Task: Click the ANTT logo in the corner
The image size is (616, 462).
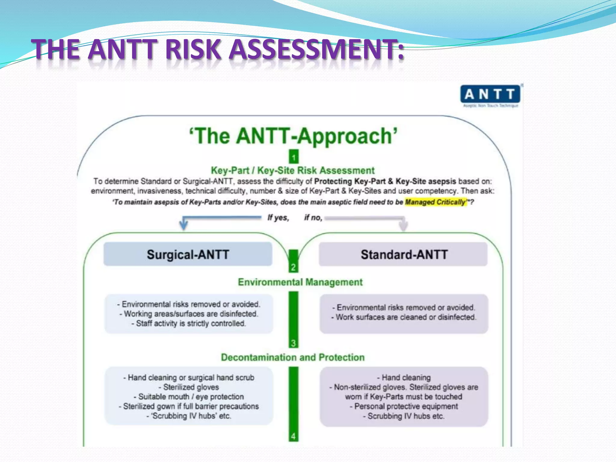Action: [490, 96]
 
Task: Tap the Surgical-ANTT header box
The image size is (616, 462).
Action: [188, 254]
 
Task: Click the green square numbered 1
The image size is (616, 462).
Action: [294, 157]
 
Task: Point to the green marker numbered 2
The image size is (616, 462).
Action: [293, 267]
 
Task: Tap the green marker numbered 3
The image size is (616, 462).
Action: [293, 343]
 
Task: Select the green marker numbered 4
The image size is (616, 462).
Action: [293, 436]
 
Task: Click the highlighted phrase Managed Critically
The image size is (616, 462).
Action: [435, 202]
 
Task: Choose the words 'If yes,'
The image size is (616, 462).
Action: [278, 217]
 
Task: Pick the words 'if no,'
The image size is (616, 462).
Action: [313, 217]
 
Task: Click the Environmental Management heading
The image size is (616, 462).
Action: [300, 282]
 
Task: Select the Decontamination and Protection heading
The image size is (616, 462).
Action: [293, 357]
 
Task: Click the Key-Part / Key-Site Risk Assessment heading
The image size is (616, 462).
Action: [293, 171]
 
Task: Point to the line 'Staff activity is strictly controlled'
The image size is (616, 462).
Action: [189, 323]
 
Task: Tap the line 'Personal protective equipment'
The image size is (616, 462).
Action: [404, 406]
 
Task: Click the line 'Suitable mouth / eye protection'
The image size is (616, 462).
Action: [189, 397]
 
